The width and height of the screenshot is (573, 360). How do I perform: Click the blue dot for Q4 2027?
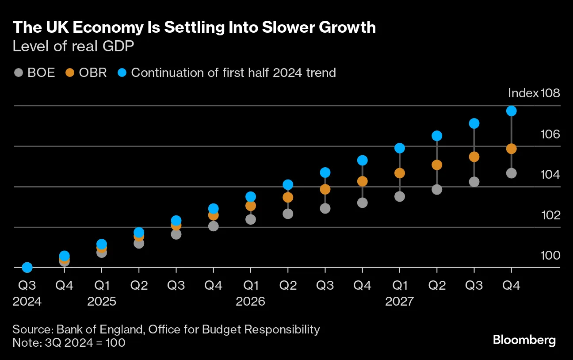point(511,111)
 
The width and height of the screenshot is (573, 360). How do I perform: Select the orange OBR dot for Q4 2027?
point(511,149)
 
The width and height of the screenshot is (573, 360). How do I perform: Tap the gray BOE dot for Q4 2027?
point(511,173)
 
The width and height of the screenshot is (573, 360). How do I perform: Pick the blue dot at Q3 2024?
point(27,267)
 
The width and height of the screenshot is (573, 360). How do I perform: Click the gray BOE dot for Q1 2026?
point(251,219)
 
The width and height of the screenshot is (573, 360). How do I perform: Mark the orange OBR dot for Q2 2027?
point(437,165)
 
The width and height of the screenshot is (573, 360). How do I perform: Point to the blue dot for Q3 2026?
point(325,172)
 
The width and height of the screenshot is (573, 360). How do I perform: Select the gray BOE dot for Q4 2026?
point(363,203)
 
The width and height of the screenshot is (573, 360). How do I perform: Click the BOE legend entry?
point(35,73)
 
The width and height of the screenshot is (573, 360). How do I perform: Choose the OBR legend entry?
point(86,73)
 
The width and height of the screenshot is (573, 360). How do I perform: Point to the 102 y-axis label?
point(550,215)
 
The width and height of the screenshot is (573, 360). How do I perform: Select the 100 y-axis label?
point(550,255)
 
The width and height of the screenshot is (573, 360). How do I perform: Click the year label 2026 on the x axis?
point(250,302)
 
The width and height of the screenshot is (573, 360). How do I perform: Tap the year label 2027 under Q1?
point(399,302)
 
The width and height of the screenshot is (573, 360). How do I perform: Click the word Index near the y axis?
point(523,93)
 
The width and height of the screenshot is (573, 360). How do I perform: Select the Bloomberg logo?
point(524,340)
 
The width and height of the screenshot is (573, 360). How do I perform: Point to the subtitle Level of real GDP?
point(73,46)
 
